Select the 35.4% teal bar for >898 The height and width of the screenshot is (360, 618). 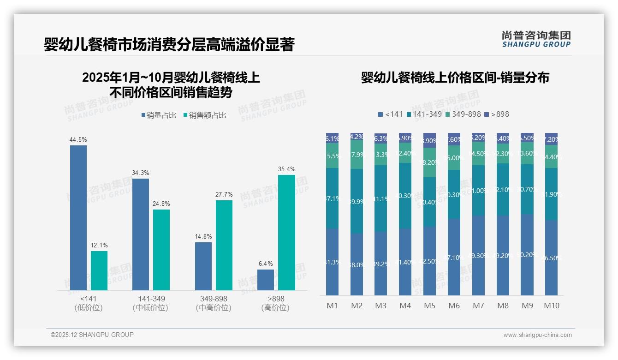point(286,233)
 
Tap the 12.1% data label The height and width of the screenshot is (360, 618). point(99,245)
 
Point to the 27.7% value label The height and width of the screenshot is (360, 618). point(224,194)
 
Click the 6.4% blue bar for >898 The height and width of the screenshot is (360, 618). point(266,280)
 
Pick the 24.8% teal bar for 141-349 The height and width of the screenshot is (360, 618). point(161,250)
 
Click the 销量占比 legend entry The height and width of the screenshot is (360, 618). point(159,115)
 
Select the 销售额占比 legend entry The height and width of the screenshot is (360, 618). point(205,115)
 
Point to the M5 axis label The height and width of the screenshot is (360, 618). point(429,306)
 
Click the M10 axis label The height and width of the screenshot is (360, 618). point(551,306)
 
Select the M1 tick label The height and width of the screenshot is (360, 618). point(332,306)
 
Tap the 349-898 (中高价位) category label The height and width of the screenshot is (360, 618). point(214,303)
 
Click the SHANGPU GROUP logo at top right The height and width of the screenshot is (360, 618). point(536,39)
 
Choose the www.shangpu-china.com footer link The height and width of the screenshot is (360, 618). point(537,335)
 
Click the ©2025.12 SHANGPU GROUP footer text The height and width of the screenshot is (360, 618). point(92,335)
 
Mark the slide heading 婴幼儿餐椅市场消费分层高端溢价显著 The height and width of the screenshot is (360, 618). point(169,45)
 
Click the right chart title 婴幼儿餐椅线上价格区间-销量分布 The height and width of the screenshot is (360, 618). point(455,78)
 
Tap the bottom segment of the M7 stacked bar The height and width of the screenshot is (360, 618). point(478,255)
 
